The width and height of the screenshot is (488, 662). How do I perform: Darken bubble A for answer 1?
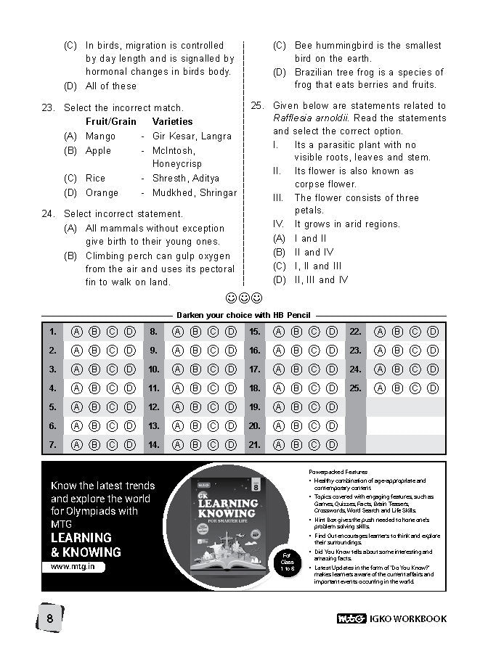coord(76,332)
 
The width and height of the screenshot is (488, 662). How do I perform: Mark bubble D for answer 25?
coord(433,388)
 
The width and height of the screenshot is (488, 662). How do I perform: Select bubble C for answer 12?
coord(213,407)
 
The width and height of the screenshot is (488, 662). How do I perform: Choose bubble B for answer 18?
coord(296,388)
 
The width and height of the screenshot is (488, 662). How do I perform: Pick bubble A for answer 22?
coord(379,332)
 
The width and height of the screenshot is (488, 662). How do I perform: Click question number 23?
coord(48,108)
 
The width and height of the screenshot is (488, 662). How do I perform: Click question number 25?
coord(257,105)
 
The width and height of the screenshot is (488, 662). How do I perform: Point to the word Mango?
coord(100,136)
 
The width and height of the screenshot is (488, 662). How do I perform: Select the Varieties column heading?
coord(172,121)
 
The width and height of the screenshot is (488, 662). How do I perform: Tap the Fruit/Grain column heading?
coord(110,121)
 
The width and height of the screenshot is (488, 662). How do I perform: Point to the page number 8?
coord(49,618)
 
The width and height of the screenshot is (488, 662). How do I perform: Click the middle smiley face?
coord(244,298)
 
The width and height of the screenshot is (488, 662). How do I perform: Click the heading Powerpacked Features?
coord(338,472)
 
